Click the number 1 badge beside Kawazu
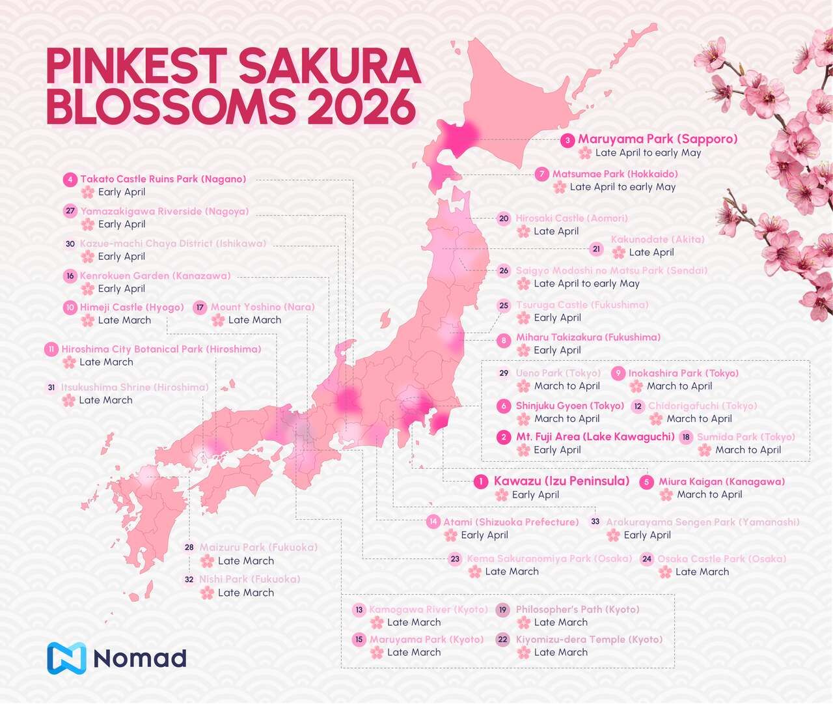481,482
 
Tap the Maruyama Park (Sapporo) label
657,139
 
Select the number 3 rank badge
567,140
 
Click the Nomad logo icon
66,658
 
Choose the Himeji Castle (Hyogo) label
132,307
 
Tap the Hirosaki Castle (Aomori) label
571,218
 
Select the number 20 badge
504,219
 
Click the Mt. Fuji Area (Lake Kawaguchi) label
595,437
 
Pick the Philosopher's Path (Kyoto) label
577,610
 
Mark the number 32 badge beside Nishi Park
189,580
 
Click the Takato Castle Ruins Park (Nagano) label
163,179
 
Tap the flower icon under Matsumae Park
559,187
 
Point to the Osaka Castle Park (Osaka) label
721,559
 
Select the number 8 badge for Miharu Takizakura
503,340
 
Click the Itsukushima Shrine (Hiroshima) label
135,388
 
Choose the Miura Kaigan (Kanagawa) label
721,482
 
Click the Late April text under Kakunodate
651,253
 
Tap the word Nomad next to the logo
140,658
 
